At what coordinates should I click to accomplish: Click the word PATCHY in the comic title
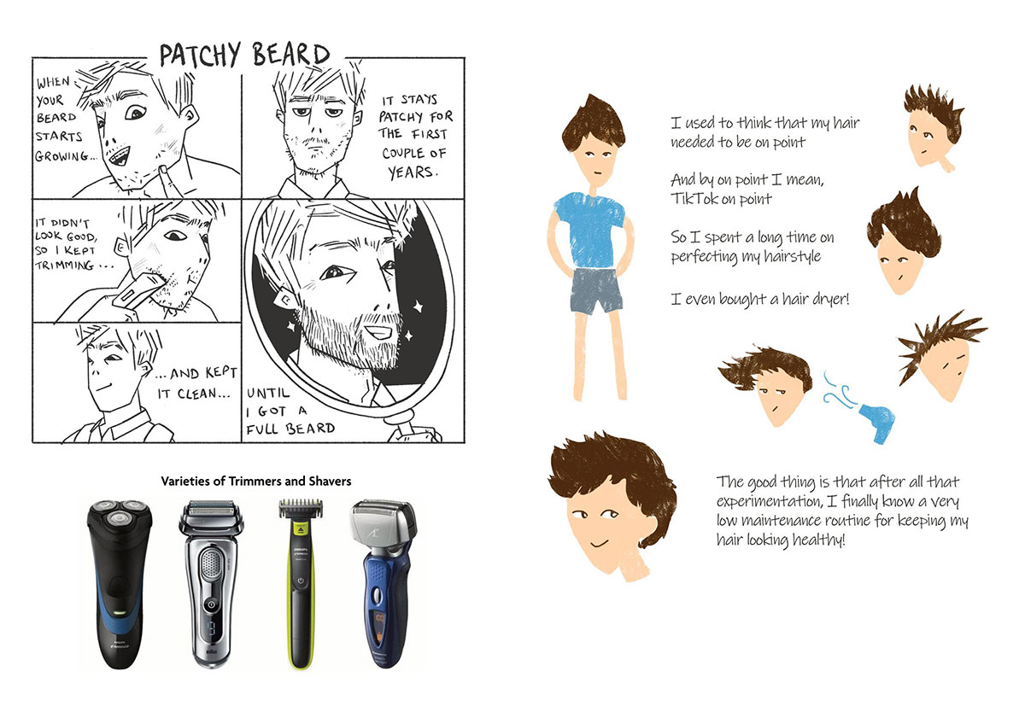[200, 55]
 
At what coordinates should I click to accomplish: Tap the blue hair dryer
[876, 422]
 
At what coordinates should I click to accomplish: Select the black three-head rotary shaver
[120, 584]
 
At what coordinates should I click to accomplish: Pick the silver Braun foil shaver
[211, 584]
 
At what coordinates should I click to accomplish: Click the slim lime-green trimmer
[301, 584]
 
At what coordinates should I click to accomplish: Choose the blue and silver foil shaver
[384, 583]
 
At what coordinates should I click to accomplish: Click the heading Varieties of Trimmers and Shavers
[255, 482]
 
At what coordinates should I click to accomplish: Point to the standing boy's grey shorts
[594, 291]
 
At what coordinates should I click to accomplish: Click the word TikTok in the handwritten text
[694, 199]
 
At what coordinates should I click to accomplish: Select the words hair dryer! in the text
[816, 299]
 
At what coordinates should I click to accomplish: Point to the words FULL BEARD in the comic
[290, 429]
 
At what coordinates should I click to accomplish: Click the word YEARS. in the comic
[413, 172]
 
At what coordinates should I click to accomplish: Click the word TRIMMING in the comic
[65, 265]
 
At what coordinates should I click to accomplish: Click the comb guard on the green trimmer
[301, 509]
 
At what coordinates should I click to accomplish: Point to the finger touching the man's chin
[168, 182]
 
